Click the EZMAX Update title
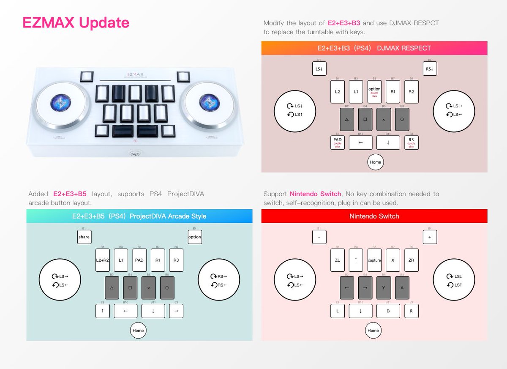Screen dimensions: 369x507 click(76, 23)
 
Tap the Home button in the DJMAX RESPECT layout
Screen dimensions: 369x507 click(375, 162)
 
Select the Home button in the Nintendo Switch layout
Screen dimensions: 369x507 click(373, 331)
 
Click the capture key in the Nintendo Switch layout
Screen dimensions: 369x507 click(374, 260)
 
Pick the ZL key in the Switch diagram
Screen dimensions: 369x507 click(338, 260)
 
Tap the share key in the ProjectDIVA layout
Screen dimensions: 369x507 click(84, 237)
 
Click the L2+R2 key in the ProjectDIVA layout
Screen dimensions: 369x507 click(103, 260)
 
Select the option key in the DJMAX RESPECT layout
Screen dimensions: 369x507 click(374, 92)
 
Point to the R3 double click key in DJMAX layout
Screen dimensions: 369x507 click(412, 142)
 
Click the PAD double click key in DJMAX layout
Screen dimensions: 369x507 click(338, 142)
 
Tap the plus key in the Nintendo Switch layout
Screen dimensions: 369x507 click(430, 237)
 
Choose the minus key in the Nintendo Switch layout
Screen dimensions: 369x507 click(319, 237)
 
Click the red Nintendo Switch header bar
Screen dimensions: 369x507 click(374, 216)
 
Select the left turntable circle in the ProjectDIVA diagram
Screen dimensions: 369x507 click(60, 279)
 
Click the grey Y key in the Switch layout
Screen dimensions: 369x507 click(384, 288)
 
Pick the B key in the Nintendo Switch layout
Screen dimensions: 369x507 click(388, 311)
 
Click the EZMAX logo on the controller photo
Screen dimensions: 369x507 click(135, 73)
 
